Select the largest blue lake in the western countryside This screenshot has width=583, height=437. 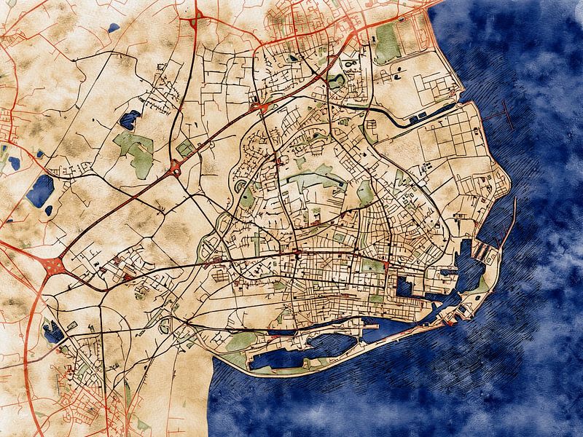(x=40, y=191)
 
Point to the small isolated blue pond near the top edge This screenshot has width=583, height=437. (x=114, y=28)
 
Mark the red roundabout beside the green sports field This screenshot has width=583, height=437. (x=175, y=170)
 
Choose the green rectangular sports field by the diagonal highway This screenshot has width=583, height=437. (x=185, y=149)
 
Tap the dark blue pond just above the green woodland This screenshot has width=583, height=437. (x=130, y=119)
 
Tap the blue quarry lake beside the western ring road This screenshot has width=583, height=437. (x=52, y=333)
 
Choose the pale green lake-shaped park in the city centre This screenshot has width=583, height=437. (x=310, y=177)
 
